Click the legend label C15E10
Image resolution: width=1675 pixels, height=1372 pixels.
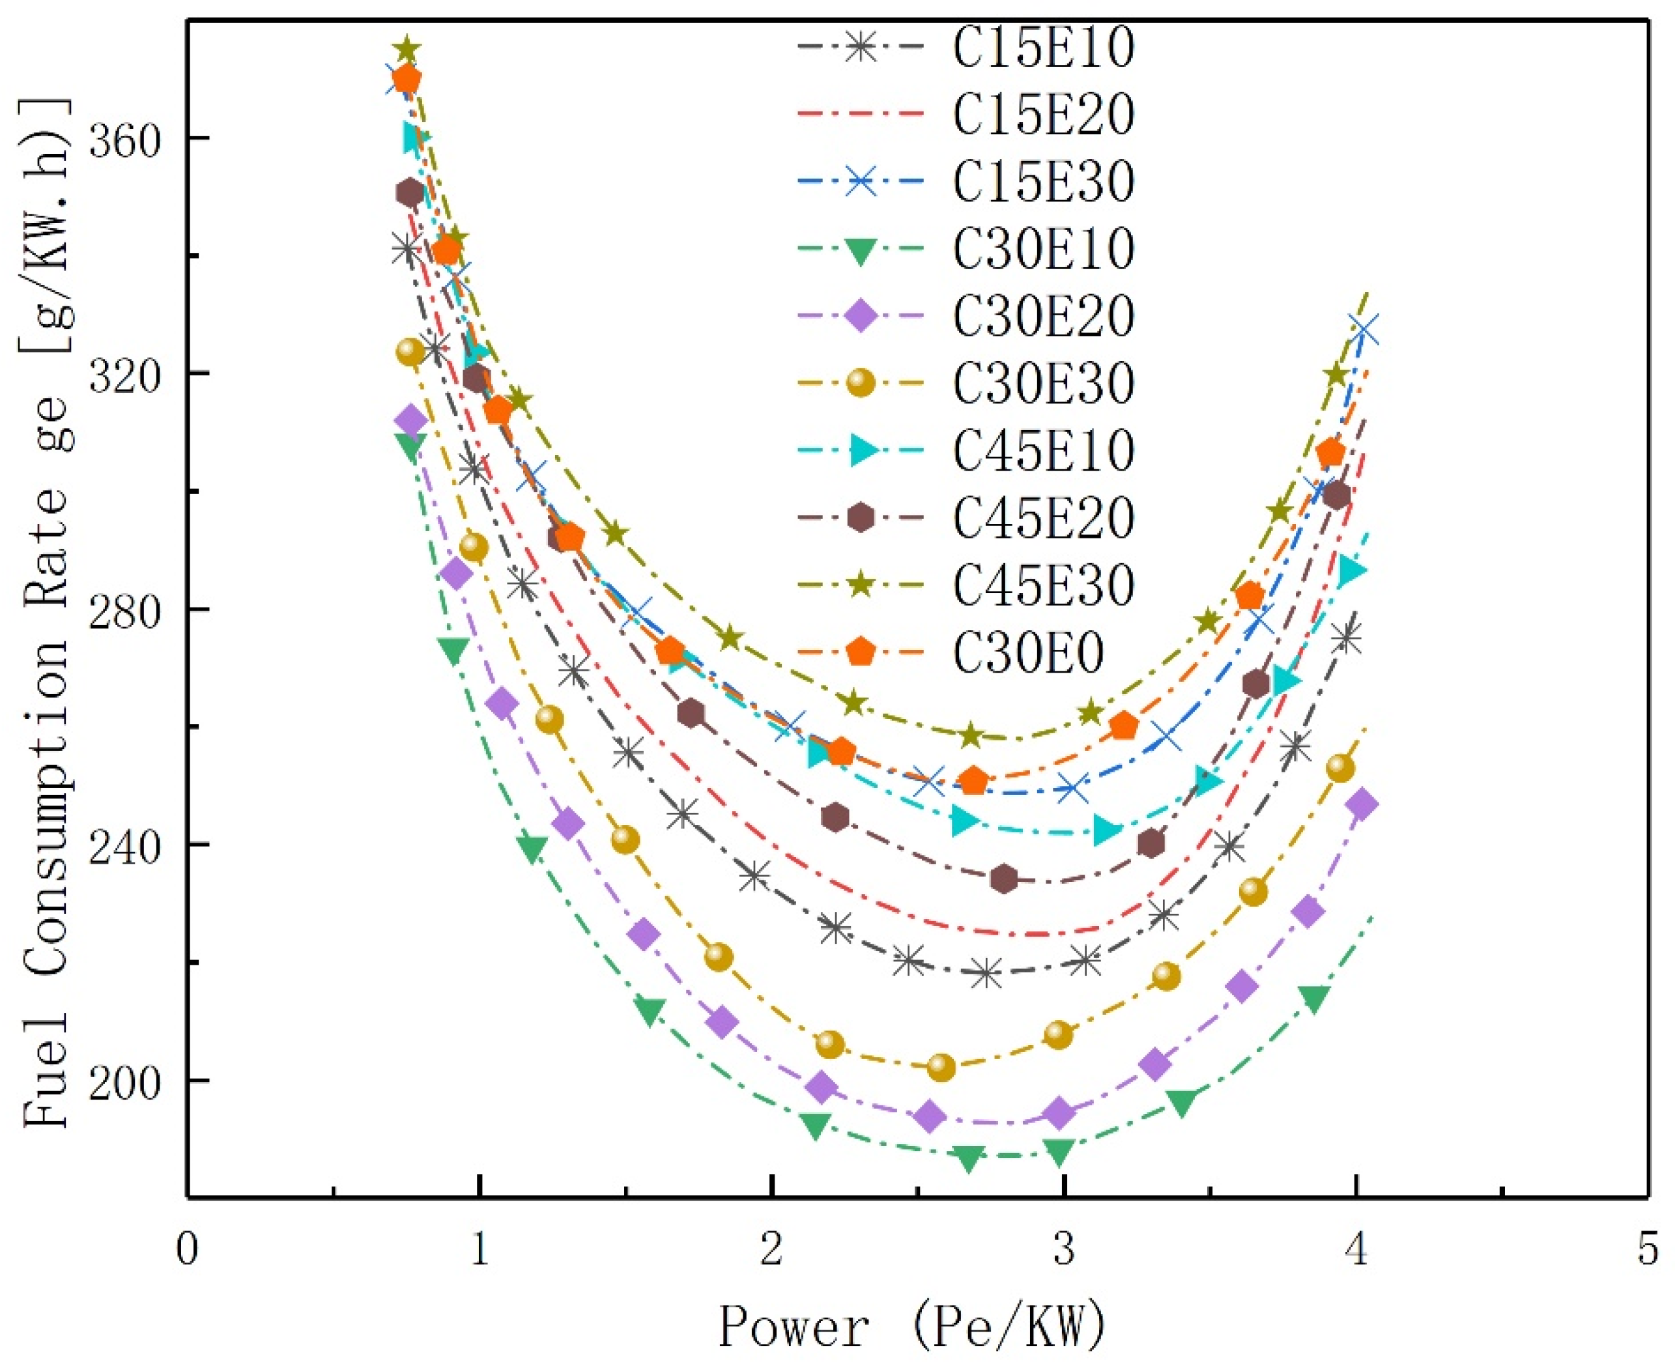[x=1044, y=48]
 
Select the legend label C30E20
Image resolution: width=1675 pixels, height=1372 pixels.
[x=1044, y=316]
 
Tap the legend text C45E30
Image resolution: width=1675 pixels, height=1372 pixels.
[x=1044, y=585]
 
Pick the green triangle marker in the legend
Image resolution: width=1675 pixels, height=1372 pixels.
[x=861, y=250]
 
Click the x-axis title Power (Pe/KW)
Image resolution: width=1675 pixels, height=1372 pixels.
[x=910, y=1327]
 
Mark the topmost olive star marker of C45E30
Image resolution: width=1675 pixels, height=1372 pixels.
[x=407, y=49]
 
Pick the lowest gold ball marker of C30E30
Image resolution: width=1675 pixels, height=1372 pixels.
[x=940, y=1068]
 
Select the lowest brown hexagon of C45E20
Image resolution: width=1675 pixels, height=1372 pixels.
[x=1003, y=879]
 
